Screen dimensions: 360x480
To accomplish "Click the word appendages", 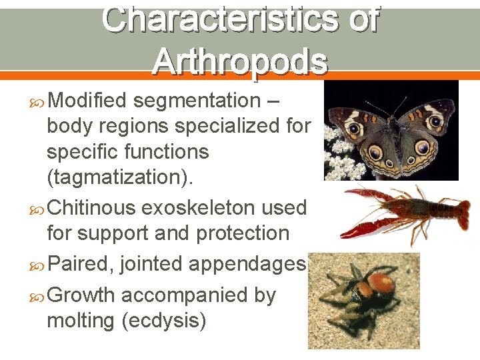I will coord(246,265).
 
